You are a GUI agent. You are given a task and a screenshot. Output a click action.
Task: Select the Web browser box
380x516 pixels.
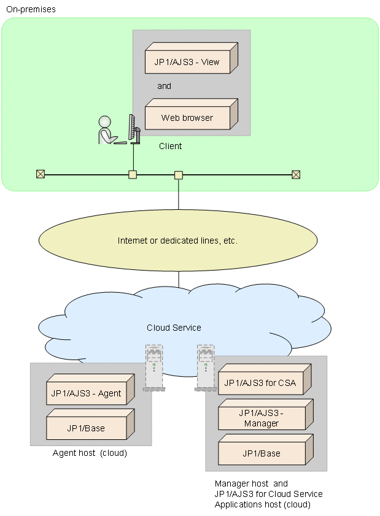point(187,117)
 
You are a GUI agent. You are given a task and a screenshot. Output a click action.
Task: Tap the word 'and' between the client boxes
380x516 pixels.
point(164,86)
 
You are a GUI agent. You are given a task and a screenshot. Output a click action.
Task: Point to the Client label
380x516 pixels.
point(170,146)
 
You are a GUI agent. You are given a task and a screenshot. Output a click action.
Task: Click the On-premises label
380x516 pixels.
point(30,9)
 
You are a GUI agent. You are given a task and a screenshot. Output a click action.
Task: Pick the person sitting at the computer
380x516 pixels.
point(108,131)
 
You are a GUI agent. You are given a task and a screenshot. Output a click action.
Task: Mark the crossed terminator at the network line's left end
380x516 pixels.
point(41,174)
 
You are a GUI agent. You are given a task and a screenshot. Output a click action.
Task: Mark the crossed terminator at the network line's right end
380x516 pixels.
point(295,174)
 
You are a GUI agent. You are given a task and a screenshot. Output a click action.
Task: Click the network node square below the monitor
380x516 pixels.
point(133,174)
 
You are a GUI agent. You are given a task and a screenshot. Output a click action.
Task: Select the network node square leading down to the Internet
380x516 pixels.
point(179,175)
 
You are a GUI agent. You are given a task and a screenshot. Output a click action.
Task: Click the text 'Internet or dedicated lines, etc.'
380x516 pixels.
point(177,241)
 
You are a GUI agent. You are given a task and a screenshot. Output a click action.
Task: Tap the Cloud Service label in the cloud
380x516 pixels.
point(174,328)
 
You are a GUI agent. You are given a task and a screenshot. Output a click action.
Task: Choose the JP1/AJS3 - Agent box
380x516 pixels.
point(87,393)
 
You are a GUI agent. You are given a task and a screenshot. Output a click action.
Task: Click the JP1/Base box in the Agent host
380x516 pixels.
point(87,428)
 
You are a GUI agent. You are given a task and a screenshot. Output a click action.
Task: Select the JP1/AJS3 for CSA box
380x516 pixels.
point(260,383)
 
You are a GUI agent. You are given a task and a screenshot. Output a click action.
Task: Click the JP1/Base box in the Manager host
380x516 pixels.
point(262,453)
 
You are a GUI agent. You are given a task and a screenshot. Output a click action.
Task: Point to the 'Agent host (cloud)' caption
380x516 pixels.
point(90,453)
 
